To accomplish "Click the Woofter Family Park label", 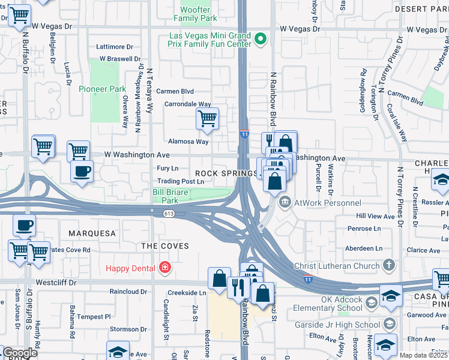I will [196, 14].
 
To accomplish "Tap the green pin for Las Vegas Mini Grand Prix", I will [261, 40].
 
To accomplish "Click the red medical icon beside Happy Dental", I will [164, 268].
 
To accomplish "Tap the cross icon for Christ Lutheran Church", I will [389, 265].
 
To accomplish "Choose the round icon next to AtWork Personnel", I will [285, 202].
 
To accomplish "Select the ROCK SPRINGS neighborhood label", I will [226, 173].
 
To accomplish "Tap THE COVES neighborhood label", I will [165, 246].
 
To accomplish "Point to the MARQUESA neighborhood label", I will [91, 233].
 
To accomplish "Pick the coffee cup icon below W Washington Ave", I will [82, 170].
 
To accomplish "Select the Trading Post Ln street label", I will [181, 181].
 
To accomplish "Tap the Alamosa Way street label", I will [188, 142].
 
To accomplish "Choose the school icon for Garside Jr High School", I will [389, 324].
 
